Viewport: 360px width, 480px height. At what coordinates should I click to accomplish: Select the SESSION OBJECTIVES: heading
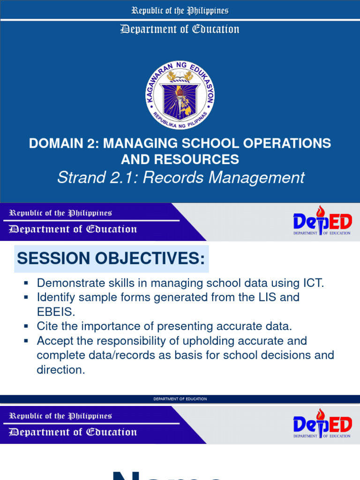(111, 258)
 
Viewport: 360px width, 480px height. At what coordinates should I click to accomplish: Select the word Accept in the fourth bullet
(55, 340)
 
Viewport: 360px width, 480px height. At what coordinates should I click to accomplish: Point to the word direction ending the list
(60, 369)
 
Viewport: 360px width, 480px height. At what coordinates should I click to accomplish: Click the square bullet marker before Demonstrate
(26, 283)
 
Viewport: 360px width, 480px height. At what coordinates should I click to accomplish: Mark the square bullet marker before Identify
(26, 297)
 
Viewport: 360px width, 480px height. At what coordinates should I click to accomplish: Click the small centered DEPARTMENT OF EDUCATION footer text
(180, 399)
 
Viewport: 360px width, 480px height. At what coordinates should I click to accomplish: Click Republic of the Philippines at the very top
(180, 10)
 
